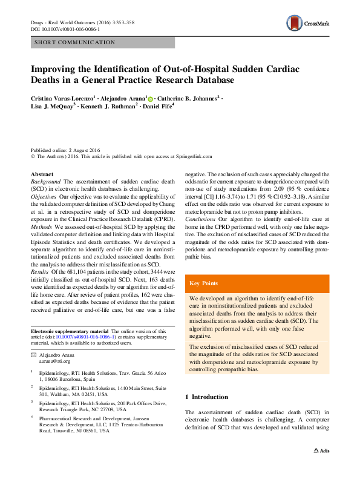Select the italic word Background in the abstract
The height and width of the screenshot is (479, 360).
(45, 182)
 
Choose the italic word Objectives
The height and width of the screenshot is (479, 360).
(44, 198)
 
